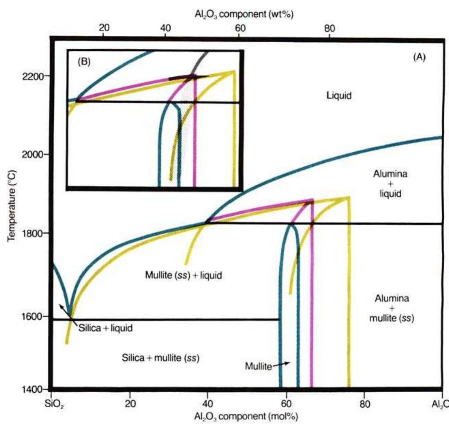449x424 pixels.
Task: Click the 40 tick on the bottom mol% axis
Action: click(x=208, y=404)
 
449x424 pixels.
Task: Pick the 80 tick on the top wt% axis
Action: click(x=329, y=28)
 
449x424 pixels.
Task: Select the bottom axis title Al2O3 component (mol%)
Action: click(x=246, y=416)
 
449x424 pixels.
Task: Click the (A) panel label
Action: click(x=419, y=57)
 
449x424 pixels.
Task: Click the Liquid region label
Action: click(x=339, y=95)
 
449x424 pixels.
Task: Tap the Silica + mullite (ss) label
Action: click(x=160, y=358)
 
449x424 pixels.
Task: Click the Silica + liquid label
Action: click(x=105, y=328)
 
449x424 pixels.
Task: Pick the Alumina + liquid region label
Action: click(x=390, y=184)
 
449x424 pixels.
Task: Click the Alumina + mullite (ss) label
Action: click(x=392, y=308)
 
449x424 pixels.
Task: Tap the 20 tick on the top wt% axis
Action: click(x=104, y=28)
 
